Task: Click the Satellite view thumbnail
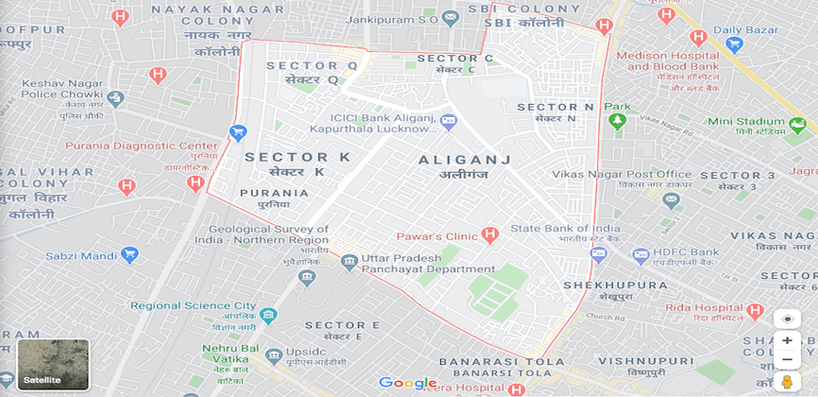click(53, 364)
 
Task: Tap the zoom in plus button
click(787, 340)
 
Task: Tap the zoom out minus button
click(787, 360)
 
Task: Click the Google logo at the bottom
click(408, 383)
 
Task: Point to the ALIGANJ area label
click(464, 160)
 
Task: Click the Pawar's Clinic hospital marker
click(489, 234)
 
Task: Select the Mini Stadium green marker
click(799, 123)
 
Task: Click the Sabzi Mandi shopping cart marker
click(129, 255)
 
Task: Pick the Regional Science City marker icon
click(268, 315)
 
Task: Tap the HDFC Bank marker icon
click(641, 255)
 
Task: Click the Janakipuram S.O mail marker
click(451, 17)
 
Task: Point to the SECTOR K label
click(297, 157)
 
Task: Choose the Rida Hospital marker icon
click(755, 311)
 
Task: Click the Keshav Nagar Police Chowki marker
click(115, 98)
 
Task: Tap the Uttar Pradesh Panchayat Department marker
click(349, 262)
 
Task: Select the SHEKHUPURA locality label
click(602, 285)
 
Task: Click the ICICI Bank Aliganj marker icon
click(448, 120)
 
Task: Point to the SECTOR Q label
click(313, 66)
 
